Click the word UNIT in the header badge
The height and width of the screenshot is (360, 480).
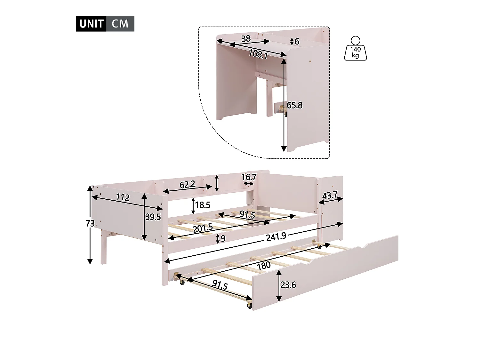(x=91, y=24)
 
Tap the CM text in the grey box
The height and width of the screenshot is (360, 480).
(x=120, y=24)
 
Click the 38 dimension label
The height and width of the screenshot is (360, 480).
(x=246, y=39)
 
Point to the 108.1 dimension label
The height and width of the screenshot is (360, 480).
(x=258, y=54)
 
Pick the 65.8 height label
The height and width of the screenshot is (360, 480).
(x=294, y=105)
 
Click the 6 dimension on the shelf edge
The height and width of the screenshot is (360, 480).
(x=297, y=42)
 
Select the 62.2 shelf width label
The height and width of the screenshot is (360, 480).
(x=187, y=184)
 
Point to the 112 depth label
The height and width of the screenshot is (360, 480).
(x=123, y=198)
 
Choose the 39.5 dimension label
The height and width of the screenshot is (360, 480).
(x=153, y=217)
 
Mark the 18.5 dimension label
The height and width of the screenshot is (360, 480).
(x=203, y=205)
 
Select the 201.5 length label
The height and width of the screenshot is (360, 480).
(x=203, y=228)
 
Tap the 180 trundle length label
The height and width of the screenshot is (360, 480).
(x=264, y=265)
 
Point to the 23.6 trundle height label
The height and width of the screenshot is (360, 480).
(x=288, y=285)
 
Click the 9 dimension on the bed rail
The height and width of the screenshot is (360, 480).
(x=223, y=238)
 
